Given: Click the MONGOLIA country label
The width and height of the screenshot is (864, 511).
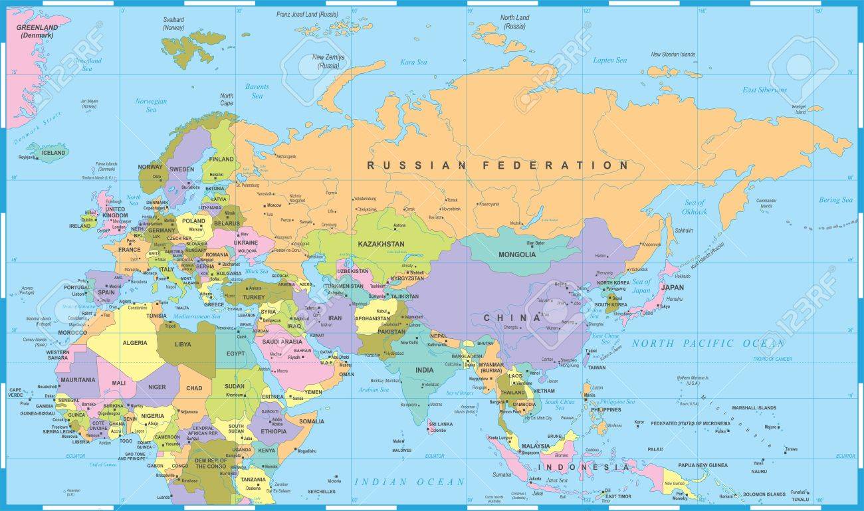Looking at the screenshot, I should point(517,255).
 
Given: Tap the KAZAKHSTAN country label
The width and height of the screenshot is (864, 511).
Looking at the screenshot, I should point(381,244).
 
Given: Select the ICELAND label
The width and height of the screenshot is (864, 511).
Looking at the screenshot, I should point(54,153).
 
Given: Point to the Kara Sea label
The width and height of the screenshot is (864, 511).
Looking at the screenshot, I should point(413,62).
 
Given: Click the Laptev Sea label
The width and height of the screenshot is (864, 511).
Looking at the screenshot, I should point(609,60).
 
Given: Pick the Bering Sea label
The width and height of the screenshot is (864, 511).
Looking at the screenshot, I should point(835,200).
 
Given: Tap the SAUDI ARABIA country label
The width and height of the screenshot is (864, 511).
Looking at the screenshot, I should point(282,342).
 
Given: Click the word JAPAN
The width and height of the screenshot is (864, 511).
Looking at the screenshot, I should point(672,288).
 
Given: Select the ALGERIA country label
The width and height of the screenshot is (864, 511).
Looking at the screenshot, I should point(135,343).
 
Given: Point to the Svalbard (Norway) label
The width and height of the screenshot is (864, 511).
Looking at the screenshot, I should point(173,24).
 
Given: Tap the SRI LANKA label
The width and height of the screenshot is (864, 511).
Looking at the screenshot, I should point(441,423).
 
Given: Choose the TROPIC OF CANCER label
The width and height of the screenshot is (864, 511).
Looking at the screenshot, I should point(772,359).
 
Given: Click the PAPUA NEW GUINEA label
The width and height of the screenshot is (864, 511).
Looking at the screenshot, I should point(702,465).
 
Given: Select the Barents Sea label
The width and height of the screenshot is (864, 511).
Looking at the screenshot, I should point(257,91).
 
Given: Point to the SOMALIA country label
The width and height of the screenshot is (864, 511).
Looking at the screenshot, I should point(312,421).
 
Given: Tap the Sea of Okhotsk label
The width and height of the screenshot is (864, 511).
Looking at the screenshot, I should point(694,207).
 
